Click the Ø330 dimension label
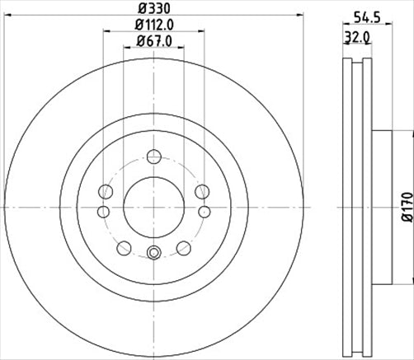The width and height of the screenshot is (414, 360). point(153,9)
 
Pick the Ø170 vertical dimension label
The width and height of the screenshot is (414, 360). point(405,205)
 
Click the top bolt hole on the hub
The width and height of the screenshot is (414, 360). point(153,155)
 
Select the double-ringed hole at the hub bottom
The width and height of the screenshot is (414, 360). point(153,253)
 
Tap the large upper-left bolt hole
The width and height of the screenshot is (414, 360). point(105,192)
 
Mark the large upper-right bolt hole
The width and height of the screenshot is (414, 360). point(202,192)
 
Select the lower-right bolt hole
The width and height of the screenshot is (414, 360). point(183,245)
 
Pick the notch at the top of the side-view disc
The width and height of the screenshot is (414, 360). point(355,61)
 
